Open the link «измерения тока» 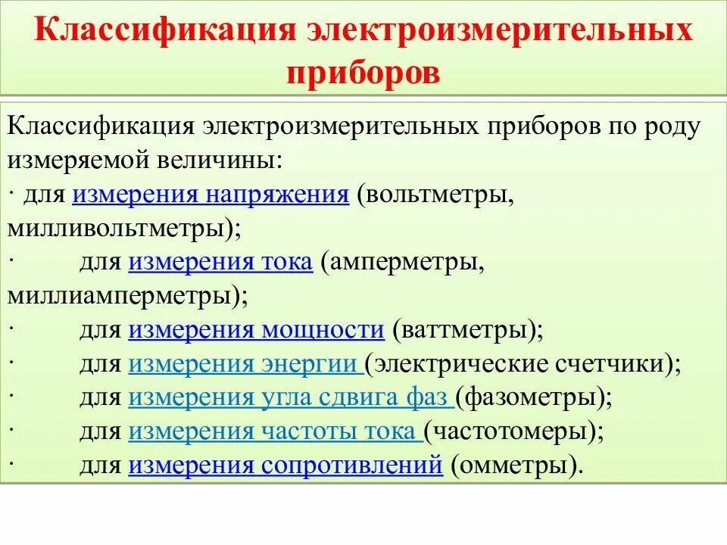pos(220,262)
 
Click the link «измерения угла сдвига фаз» pos(291,397)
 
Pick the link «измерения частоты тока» pos(274,431)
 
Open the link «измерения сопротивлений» pos(285,465)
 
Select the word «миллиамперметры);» pos(127,295)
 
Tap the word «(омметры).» pos(517,465)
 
